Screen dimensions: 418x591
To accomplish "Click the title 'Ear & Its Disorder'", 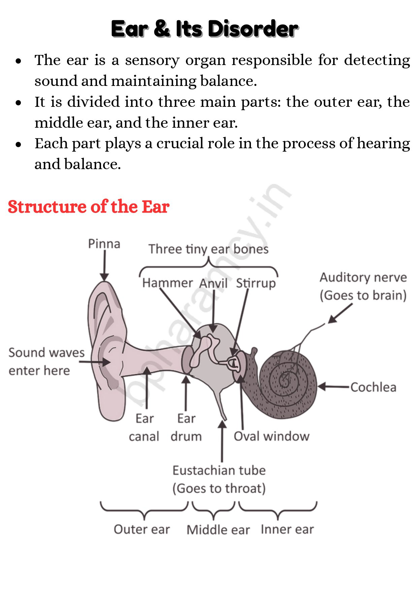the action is click(204, 29).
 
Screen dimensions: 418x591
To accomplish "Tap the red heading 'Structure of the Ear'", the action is click(89, 207).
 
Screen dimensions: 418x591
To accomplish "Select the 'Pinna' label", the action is click(104, 244).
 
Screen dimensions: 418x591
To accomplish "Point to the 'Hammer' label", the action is click(167, 283).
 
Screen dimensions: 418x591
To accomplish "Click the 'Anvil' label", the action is click(214, 283).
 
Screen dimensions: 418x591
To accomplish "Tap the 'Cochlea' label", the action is click(373, 387).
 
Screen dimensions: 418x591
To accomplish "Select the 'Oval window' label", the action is click(271, 436).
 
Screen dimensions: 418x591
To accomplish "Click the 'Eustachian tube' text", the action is click(219, 470).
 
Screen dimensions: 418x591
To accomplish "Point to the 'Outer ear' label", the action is click(142, 529).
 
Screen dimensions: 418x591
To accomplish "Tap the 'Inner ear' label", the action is click(287, 529).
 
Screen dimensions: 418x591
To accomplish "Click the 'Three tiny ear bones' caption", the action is click(208, 249).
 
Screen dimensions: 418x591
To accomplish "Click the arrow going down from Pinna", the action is click(104, 266).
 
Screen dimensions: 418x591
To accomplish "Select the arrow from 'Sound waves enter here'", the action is click(95, 362).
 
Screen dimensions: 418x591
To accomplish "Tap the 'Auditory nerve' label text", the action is click(363, 278).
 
